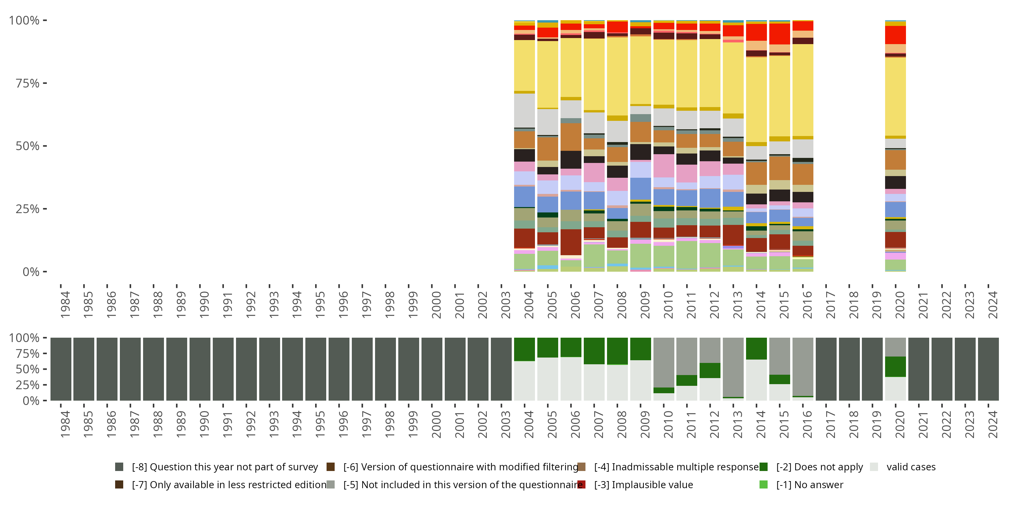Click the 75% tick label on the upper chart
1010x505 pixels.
(28, 83)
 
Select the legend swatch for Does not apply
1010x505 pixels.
(763, 467)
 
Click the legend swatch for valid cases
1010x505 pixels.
(874, 467)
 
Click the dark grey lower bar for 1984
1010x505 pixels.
(61, 369)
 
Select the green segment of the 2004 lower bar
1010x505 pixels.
(524, 349)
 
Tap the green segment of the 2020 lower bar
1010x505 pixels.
(895, 367)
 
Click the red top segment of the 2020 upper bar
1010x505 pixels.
(895, 35)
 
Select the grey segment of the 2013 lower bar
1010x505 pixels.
(733, 367)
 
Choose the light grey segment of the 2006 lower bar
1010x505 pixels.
(571, 378)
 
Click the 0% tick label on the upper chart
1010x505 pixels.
(31, 272)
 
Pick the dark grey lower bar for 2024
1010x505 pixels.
(988, 369)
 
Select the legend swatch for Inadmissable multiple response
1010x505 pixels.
(581, 467)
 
